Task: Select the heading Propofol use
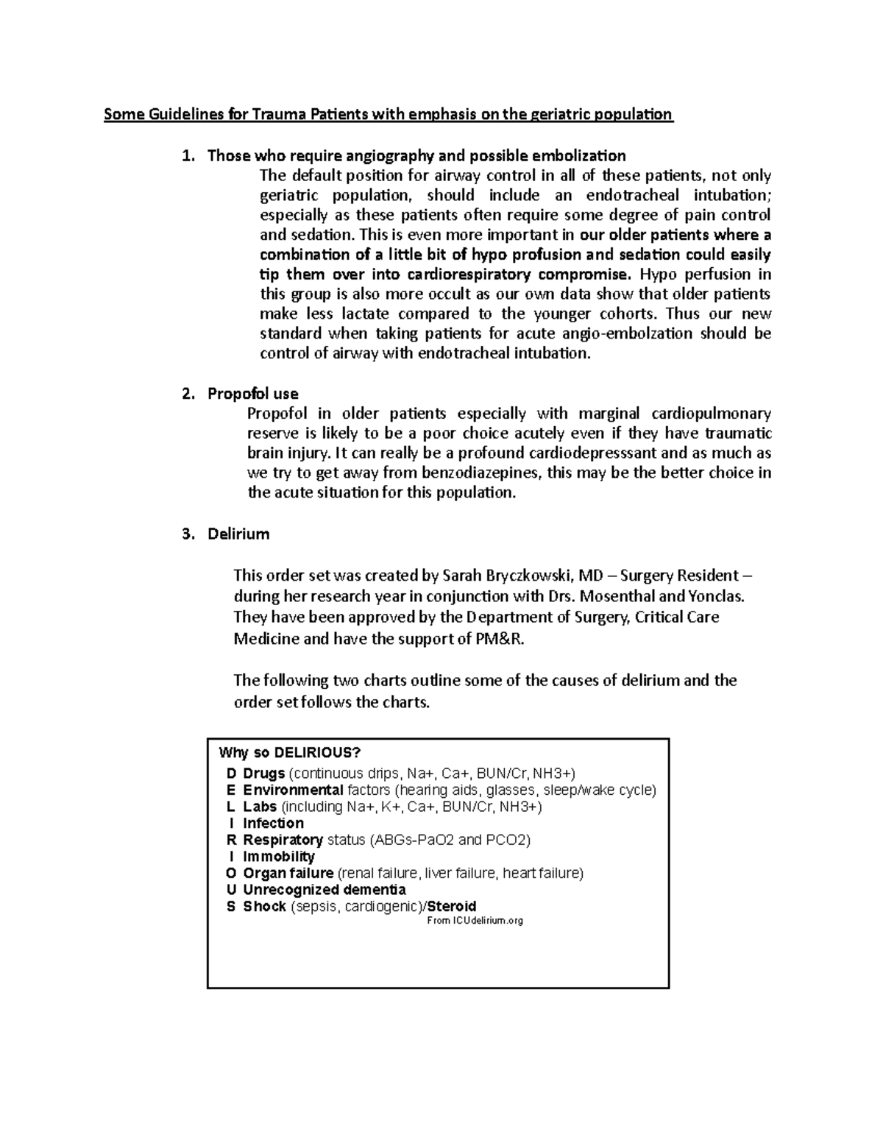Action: (x=252, y=394)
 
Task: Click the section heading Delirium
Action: (x=238, y=534)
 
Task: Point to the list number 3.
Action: (x=187, y=534)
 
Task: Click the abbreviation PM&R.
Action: (x=500, y=639)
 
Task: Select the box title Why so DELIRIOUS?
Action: (x=290, y=753)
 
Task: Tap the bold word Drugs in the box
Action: (x=263, y=774)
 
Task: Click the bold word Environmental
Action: (x=293, y=790)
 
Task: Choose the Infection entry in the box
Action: (x=273, y=824)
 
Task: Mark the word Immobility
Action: (x=279, y=857)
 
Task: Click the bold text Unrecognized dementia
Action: (x=324, y=890)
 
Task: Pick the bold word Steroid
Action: (x=452, y=907)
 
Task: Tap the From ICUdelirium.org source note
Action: (x=475, y=921)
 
